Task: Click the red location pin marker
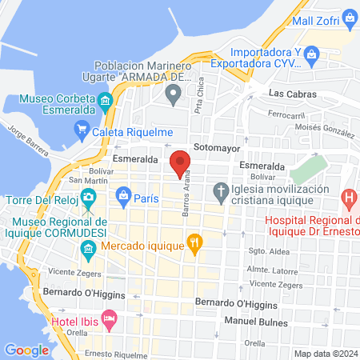pyautogui.click(x=180, y=162)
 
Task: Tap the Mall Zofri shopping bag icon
pyautogui.click(x=349, y=18)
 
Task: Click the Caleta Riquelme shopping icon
pyautogui.click(x=81, y=127)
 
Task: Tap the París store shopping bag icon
pyautogui.click(x=123, y=194)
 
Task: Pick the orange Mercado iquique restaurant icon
pyautogui.click(x=193, y=240)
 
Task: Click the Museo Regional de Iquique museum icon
pyautogui.click(x=88, y=254)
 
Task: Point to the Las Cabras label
pyautogui.click(x=293, y=94)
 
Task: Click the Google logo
pyautogui.click(x=26, y=350)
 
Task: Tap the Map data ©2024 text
pyautogui.click(x=326, y=354)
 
